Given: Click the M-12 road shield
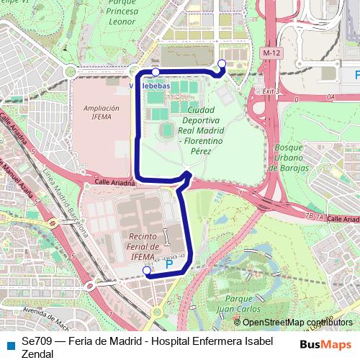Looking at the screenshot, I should (x=271, y=53).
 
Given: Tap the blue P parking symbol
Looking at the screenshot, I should (x=170, y=265).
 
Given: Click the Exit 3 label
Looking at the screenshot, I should (x=270, y=91).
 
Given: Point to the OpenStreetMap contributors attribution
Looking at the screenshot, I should (x=297, y=323).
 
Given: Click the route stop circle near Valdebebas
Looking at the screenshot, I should (x=156, y=73).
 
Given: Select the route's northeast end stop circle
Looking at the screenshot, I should (x=221, y=65).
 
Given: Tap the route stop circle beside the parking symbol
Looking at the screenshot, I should (x=147, y=271).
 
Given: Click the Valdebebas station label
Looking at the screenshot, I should (x=151, y=85).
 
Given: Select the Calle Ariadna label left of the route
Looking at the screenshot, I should (x=115, y=184).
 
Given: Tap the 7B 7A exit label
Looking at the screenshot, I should (x=315, y=215).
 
